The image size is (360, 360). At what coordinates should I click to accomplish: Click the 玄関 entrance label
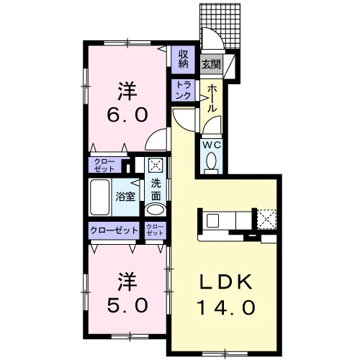(x=211, y=64)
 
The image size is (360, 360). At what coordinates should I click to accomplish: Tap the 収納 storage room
(x=183, y=60)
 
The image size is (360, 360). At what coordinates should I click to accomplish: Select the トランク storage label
(x=184, y=90)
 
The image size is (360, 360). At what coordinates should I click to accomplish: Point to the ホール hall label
(x=212, y=99)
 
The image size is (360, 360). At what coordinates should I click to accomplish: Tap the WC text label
(x=212, y=145)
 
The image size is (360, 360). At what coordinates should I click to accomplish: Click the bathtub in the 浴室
(x=99, y=197)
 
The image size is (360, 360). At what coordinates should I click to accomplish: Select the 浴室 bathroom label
(x=125, y=197)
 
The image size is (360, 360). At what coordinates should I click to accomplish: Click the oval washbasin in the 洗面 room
(x=156, y=210)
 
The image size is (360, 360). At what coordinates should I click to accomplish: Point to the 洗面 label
(x=156, y=190)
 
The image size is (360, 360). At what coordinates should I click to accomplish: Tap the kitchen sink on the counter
(x=212, y=221)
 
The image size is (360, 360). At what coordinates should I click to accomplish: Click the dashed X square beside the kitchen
(x=266, y=220)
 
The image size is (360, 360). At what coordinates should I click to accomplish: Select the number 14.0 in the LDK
(x=225, y=307)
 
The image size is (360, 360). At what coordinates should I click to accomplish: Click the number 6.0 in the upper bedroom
(x=127, y=114)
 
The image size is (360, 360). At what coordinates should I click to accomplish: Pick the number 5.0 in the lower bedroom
(x=127, y=306)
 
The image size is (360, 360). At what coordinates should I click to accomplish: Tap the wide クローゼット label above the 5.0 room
(x=114, y=230)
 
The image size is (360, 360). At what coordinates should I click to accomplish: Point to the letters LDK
(x=226, y=282)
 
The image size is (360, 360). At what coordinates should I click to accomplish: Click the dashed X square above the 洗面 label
(x=154, y=165)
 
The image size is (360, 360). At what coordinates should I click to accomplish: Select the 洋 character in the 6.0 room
(x=127, y=91)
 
